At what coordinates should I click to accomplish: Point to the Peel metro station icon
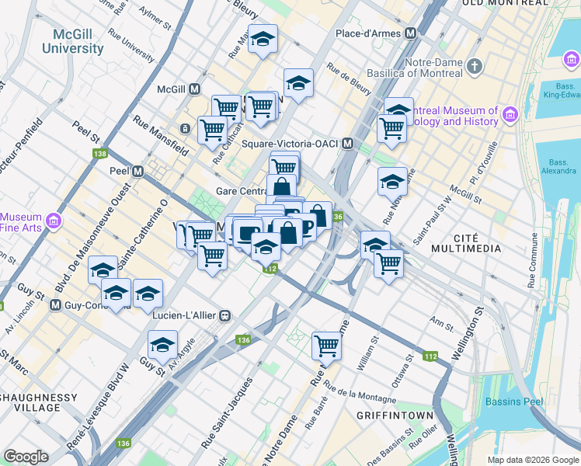click(138, 171)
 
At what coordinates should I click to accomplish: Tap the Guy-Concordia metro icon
click(55, 305)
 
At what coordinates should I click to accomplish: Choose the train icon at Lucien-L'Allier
click(225, 315)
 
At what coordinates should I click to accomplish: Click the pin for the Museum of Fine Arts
click(54, 222)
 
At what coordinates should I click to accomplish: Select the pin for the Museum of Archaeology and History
click(510, 116)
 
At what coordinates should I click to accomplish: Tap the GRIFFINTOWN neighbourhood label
click(394, 416)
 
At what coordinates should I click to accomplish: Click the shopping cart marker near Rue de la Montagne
click(327, 345)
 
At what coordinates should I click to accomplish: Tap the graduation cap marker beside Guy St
click(162, 343)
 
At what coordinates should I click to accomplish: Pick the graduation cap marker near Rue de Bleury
click(298, 82)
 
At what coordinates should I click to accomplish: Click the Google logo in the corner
click(26, 457)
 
